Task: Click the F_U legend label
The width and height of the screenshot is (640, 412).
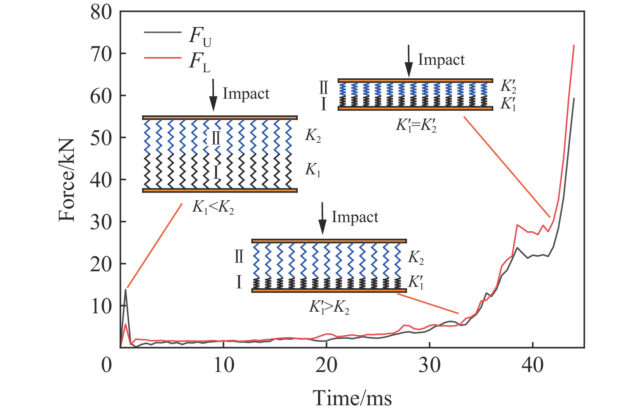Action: [x=199, y=36]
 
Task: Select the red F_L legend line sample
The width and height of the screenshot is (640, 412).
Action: [x=163, y=58]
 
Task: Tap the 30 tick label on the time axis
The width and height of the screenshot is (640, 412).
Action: [x=429, y=365]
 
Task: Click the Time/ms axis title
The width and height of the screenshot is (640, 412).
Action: [x=352, y=398]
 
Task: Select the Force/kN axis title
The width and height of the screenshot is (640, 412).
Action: [x=66, y=180]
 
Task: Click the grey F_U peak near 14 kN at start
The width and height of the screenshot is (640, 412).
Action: [x=126, y=289]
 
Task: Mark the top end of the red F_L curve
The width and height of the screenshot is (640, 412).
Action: [x=574, y=45]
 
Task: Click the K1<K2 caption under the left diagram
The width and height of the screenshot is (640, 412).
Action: [x=213, y=207]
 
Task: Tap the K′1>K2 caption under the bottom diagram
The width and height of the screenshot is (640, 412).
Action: [x=329, y=307]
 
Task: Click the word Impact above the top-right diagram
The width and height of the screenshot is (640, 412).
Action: [x=441, y=60]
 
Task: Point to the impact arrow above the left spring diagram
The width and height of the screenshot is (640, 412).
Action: [x=213, y=95]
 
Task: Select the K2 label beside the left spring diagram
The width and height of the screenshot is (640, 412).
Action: [x=313, y=136]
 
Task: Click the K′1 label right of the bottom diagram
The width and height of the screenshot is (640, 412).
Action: [x=416, y=282]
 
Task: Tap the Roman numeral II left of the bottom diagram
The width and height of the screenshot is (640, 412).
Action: [x=239, y=257]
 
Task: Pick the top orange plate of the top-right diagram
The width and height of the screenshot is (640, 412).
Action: [x=415, y=81]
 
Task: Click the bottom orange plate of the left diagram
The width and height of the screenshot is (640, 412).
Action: [x=220, y=191]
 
